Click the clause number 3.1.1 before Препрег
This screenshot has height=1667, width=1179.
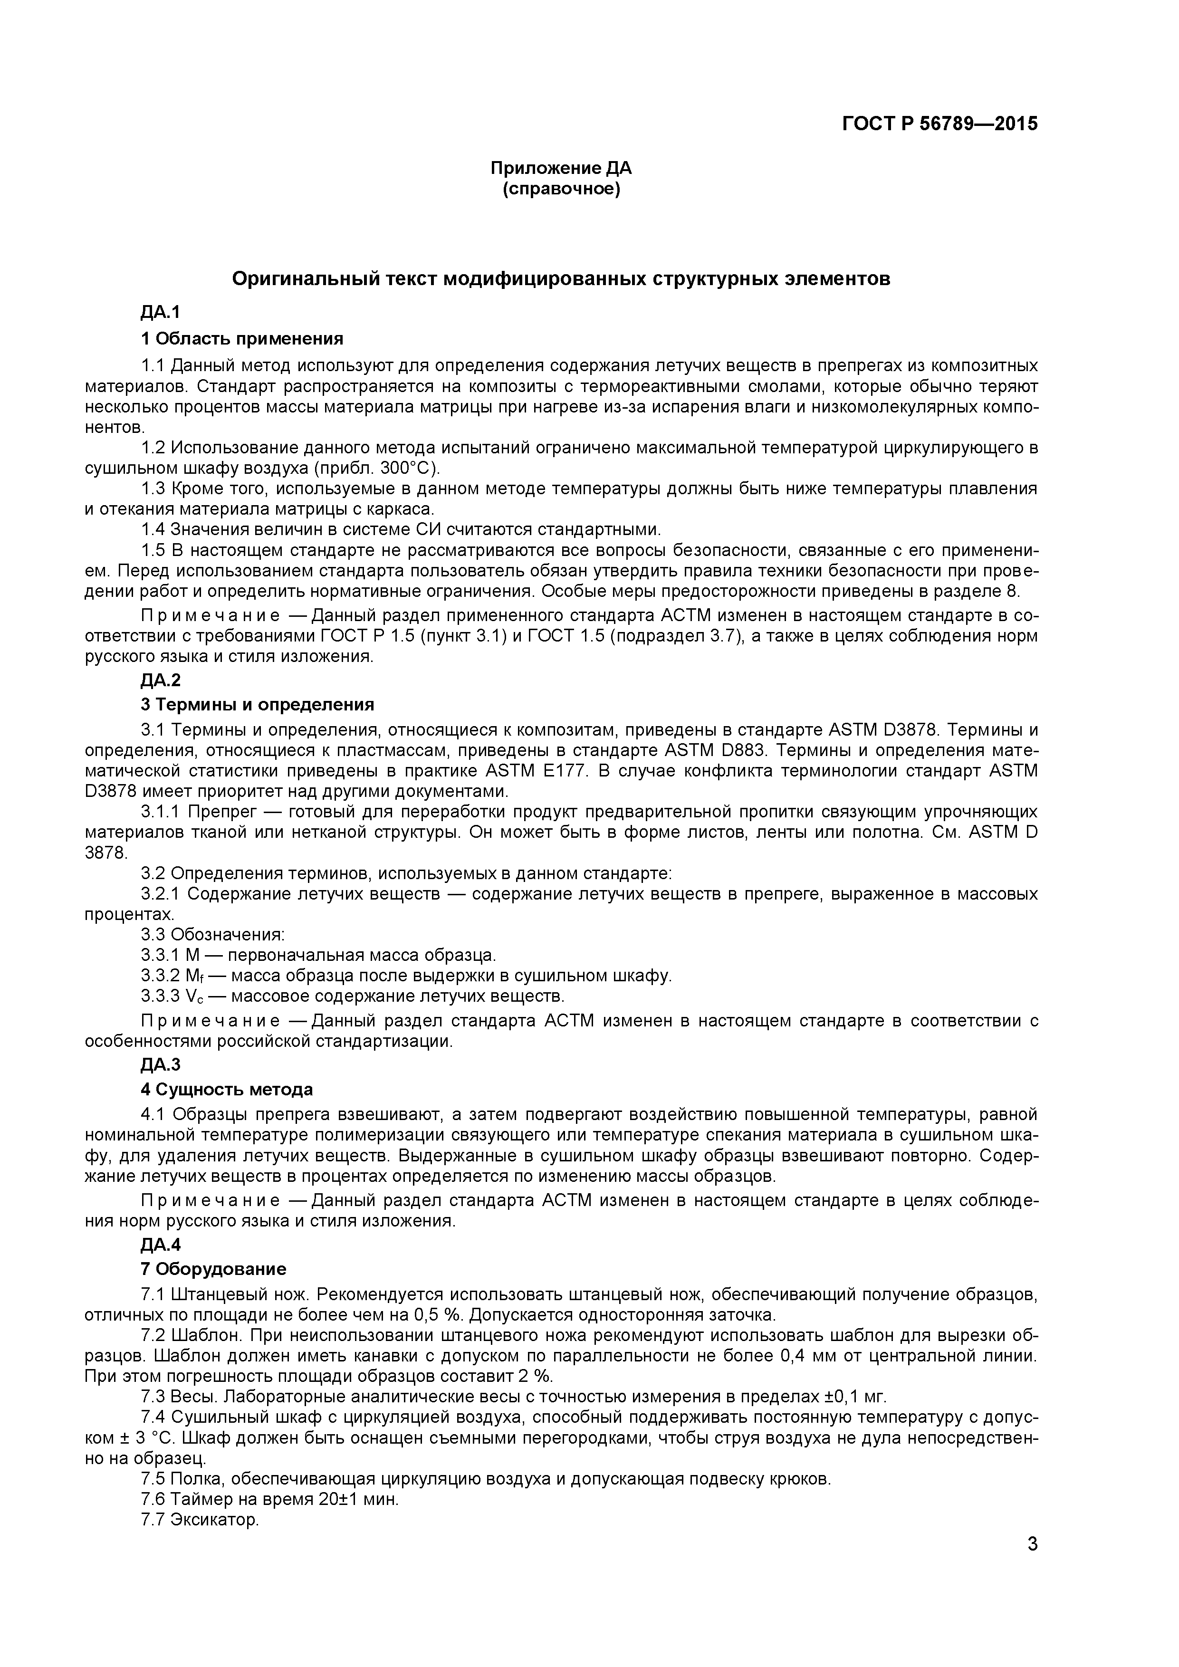(161, 811)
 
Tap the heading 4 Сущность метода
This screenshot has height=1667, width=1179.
(227, 1089)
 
